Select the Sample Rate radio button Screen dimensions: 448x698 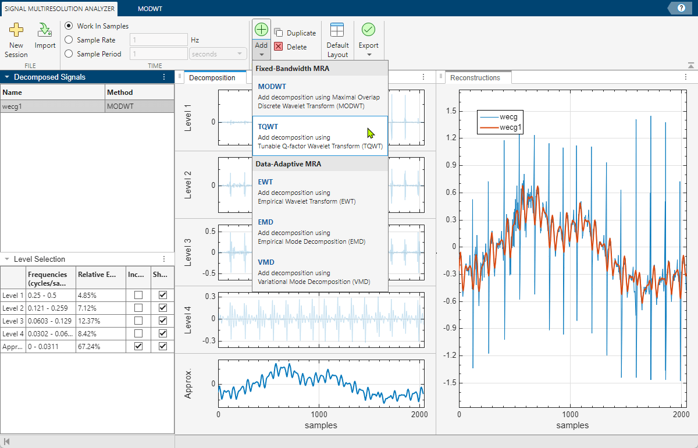click(69, 40)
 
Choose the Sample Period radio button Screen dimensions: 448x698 click(69, 54)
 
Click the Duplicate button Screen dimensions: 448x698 click(295, 33)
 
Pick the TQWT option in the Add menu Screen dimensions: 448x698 click(320, 136)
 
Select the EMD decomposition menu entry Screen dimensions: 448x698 click(320, 231)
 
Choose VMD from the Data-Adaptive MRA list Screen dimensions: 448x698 click(320, 271)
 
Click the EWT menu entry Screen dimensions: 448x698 click(320, 191)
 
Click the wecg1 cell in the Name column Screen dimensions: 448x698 click(52, 106)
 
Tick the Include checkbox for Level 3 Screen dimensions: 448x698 click(138, 321)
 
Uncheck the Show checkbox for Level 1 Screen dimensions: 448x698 click(163, 295)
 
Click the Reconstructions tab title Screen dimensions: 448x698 click(475, 78)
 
